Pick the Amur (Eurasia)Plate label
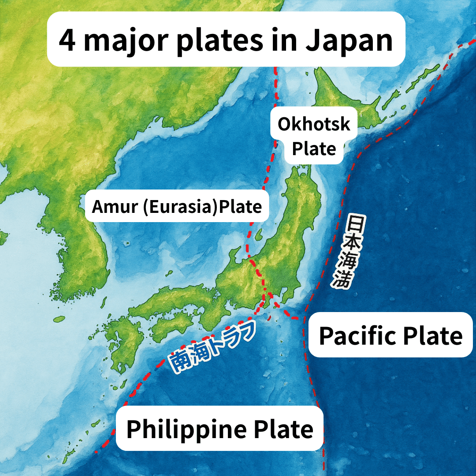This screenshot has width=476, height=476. (x=177, y=206)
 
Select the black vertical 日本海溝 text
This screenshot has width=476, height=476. (x=345, y=251)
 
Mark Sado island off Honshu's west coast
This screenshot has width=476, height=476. (x=259, y=232)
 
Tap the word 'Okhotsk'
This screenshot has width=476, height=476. (x=314, y=124)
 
